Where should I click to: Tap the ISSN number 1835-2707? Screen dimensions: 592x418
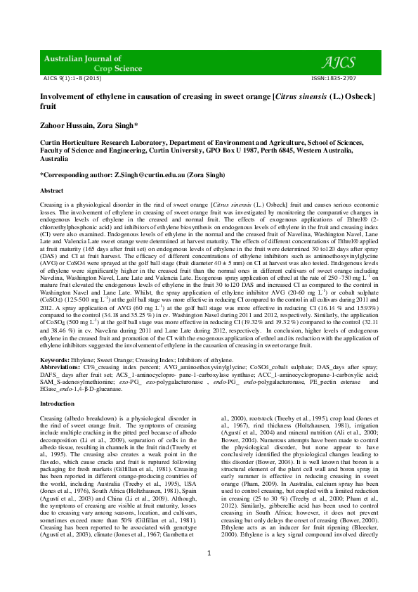[333, 79]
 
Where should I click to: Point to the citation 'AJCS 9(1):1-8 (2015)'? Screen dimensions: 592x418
[72, 79]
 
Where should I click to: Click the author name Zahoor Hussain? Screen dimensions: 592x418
[65, 125]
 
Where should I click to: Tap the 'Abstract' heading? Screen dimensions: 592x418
[52, 191]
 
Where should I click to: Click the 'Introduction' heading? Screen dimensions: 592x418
[57, 404]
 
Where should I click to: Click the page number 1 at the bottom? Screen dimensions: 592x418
[209, 573]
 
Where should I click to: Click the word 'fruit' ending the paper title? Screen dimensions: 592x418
[47, 108]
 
